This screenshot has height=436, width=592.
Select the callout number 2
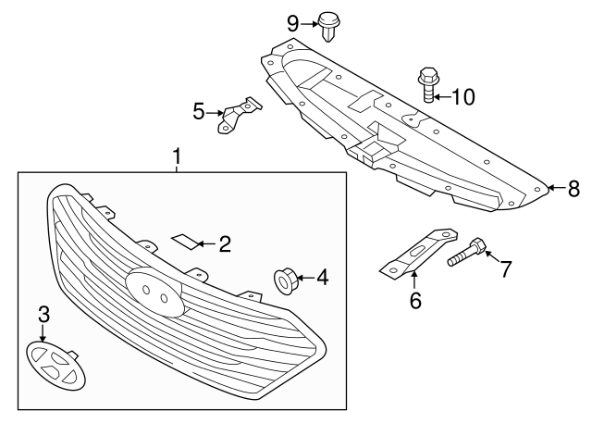click(x=224, y=244)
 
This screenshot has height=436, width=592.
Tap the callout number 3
click(x=43, y=314)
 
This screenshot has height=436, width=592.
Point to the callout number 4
click(x=322, y=276)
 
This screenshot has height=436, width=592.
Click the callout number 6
click(x=414, y=300)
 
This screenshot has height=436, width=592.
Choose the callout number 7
click(x=506, y=269)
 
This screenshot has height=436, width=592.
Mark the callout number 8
click(x=573, y=189)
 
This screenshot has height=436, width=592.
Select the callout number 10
click(x=462, y=95)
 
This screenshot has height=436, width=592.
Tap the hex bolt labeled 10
click(x=427, y=83)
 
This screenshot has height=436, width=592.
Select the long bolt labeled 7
click(x=466, y=254)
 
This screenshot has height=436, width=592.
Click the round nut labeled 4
click(x=285, y=277)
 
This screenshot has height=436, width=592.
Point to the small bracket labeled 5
click(x=236, y=116)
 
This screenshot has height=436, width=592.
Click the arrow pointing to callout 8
click(x=553, y=189)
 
